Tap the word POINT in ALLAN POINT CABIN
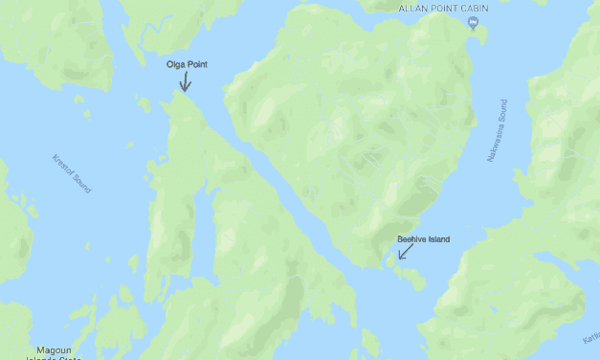442,9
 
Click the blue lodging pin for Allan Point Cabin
473,24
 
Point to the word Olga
175,64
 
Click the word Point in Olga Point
196,64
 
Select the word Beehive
412,239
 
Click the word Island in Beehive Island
438,239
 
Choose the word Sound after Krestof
82,183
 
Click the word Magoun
54,349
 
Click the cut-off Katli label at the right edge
590,339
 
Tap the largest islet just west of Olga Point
144,103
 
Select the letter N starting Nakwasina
489,156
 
